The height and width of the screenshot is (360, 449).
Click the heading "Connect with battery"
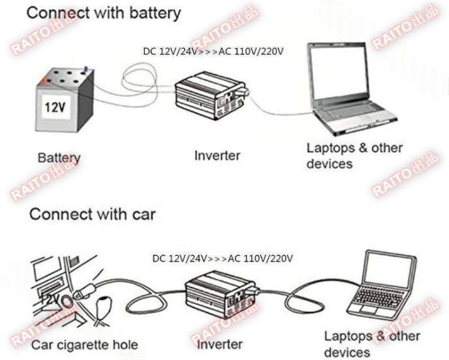tap(104, 12)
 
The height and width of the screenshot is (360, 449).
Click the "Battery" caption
tap(59, 157)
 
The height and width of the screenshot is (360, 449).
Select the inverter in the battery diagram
tap(209, 95)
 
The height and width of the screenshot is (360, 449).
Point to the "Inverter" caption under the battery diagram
tap(217, 156)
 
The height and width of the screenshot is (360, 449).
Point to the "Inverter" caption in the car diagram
tap(220, 344)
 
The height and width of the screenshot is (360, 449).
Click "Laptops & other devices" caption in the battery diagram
tap(354, 155)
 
